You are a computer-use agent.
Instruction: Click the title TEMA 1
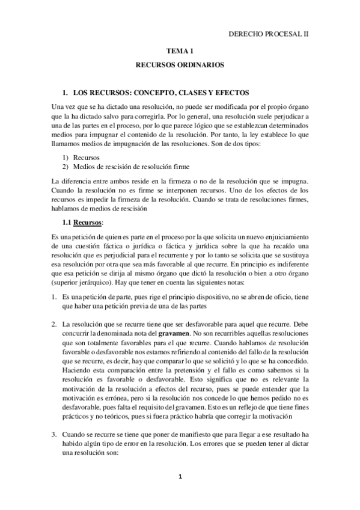(x=179, y=52)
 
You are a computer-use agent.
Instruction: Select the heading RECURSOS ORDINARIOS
(x=179, y=63)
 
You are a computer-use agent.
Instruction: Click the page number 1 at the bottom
(x=180, y=476)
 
